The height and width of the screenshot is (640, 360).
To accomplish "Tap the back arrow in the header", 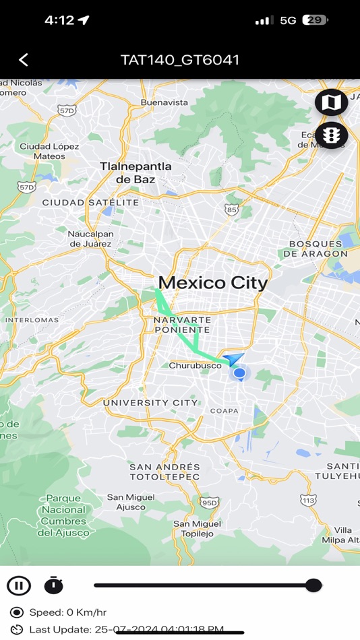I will click(x=24, y=60).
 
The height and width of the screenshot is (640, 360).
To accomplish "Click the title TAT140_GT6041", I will click(x=180, y=60).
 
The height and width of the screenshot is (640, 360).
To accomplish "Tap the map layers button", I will click(x=331, y=102).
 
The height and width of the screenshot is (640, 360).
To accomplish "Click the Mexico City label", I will click(x=212, y=283).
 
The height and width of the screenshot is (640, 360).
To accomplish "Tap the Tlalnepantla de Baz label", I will click(x=136, y=172).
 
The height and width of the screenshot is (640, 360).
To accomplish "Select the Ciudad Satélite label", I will click(x=90, y=202).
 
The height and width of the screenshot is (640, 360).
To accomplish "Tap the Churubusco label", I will click(x=195, y=366).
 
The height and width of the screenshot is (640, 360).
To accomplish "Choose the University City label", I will click(x=150, y=403).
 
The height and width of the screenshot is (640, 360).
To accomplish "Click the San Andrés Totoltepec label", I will click(x=164, y=472).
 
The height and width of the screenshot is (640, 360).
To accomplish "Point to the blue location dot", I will click(x=239, y=373).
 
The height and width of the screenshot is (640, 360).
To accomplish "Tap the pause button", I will click(x=19, y=585).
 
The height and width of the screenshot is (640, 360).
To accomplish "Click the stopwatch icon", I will click(x=54, y=585).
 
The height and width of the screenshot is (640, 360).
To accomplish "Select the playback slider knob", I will click(x=313, y=585).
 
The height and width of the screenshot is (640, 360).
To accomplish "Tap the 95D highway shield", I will click(x=210, y=502).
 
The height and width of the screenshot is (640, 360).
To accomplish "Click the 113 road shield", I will click(x=308, y=500).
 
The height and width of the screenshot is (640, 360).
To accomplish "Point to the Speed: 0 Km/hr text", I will click(x=67, y=612).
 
